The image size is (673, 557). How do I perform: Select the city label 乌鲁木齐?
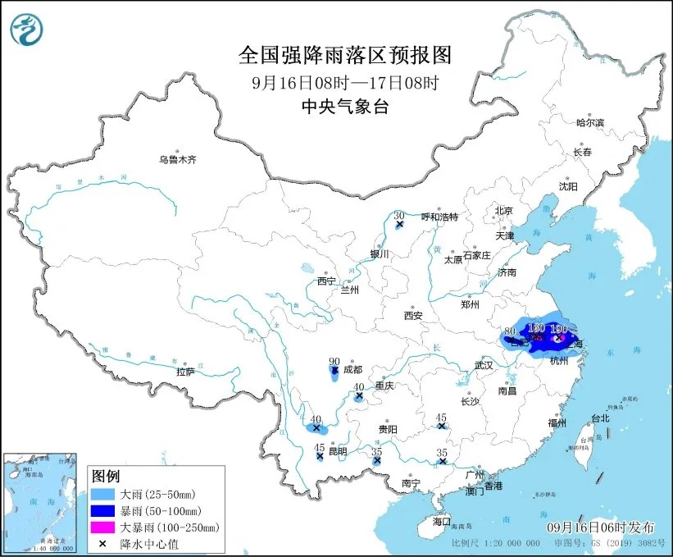pyautogui.click(x=178, y=159)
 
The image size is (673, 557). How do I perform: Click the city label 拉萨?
pyautogui.click(x=185, y=372)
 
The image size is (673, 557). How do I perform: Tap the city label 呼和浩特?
pyautogui.click(x=439, y=217)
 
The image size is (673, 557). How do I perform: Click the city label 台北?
pyautogui.click(x=600, y=418)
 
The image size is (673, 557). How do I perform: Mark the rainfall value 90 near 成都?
pyautogui.click(x=334, y=361)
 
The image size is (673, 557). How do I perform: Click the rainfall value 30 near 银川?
pyautogui.click(x=399, y=215)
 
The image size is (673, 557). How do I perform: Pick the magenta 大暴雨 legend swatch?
pyautogui.click(x=104, y=527)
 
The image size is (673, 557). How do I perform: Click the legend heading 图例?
pyautogui.click(x=106, y=477)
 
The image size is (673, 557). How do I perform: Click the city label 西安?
pyautogui.click(x=412, y=316)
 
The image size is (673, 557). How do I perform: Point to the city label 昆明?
pyautogui.click(x=337, y=451)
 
